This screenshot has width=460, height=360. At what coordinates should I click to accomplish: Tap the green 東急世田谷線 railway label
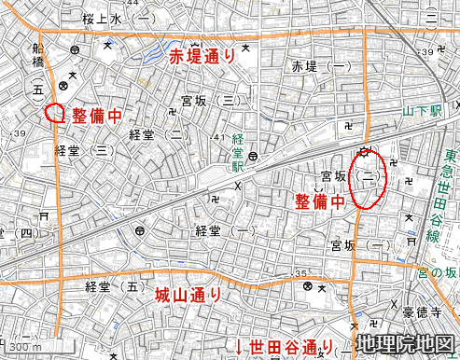click(450, 196)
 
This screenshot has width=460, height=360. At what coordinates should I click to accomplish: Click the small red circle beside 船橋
click(55, 113)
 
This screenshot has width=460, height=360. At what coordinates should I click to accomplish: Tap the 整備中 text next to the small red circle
click(98, 117)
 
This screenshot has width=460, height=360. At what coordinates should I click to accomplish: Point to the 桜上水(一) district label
click(110, 18)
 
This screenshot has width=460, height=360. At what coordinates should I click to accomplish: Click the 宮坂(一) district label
click(360, 245)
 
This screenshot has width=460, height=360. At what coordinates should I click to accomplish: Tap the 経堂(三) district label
click(84, 150)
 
